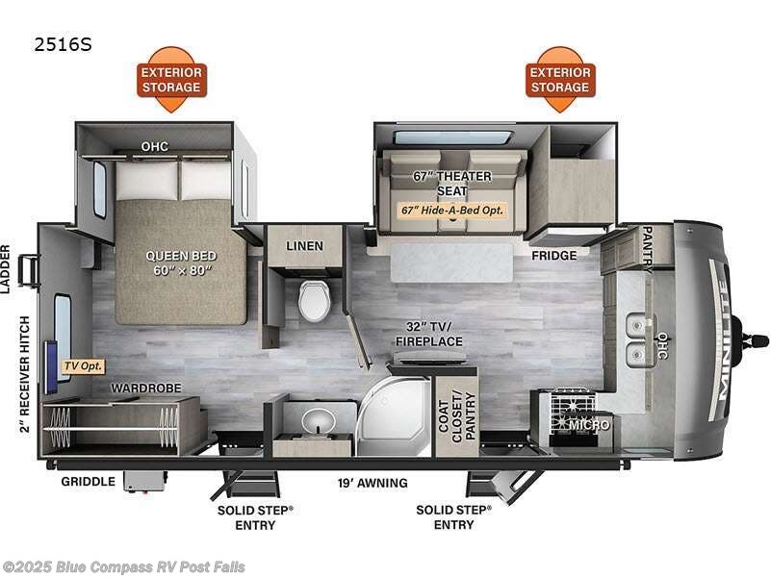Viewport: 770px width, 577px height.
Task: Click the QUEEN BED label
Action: point(181,263)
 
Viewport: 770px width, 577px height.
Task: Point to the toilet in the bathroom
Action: point(313,300)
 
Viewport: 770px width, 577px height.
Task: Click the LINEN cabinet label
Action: point(304,246)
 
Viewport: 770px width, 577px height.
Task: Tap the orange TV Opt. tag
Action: point(83,366)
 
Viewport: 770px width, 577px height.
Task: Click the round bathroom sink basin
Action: point(317,419)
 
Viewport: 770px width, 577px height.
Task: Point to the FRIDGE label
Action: point(554,256)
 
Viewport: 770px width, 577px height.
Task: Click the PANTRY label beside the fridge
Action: point(648,249)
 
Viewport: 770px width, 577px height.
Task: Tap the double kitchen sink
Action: point(637,340)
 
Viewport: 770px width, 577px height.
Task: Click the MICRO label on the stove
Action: point(588,424)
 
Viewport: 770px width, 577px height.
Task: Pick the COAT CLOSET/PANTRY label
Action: point(456,416)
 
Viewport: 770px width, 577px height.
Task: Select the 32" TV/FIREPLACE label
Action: point(429,334)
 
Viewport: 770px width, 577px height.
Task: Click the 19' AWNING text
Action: point(372,483)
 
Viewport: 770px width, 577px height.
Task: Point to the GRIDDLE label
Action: point(89,482)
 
